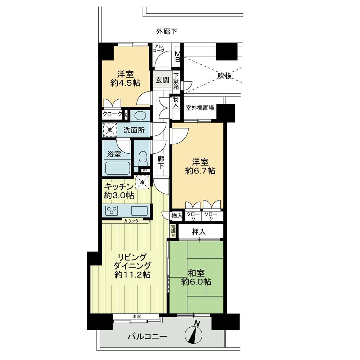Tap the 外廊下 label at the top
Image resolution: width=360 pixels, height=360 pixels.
pos(166,32)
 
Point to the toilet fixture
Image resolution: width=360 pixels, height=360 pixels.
pos(143,157)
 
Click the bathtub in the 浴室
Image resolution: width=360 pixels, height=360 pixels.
pos(117,168)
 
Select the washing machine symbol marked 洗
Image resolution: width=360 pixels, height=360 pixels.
pos(109,130)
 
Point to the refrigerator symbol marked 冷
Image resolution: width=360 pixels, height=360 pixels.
pos(142,182)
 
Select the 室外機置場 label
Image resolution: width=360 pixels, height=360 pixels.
pos(200,107)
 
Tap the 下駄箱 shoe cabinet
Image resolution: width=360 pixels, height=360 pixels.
pos(177,82)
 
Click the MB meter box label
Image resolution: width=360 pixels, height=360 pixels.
pos(177,57)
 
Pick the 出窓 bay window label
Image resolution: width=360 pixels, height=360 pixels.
pos(136,317)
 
